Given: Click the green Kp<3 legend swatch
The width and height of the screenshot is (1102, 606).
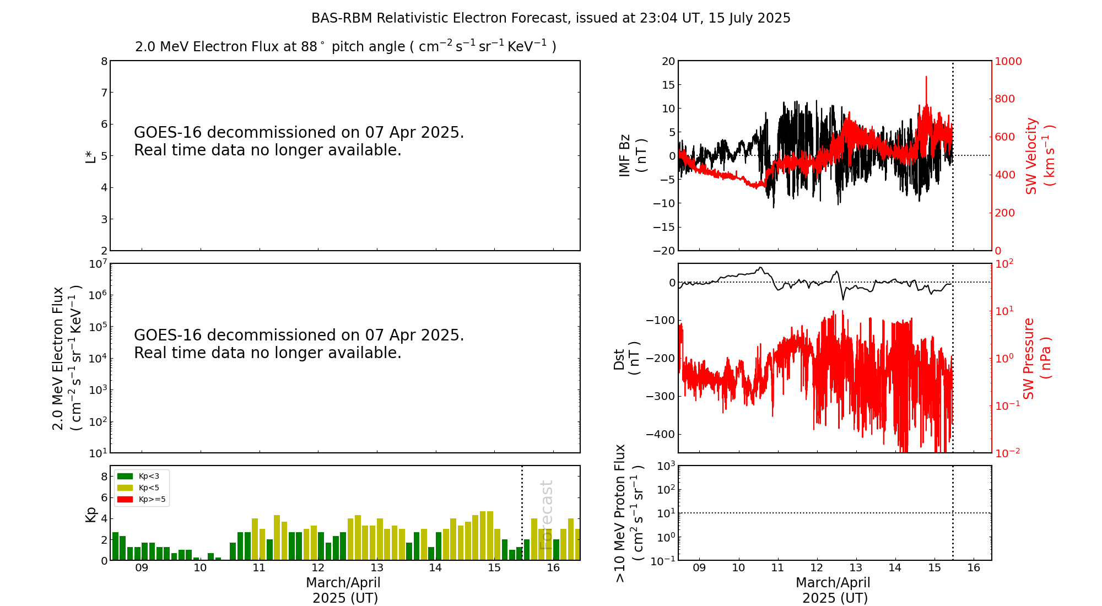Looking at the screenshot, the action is tap(125, 476).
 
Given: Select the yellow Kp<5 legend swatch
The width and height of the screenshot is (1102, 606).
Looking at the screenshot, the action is tap(125, 488).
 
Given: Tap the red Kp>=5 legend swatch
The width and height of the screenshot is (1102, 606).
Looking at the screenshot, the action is tap(125, 500).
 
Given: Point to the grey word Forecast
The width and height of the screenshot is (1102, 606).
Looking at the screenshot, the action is tap(546, 515).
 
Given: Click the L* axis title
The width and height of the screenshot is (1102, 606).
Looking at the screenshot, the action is tap(90, 155).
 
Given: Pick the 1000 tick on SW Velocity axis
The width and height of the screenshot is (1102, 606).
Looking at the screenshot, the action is tap(1008, 61).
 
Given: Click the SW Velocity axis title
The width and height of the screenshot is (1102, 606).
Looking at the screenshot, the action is tap(1040, 156).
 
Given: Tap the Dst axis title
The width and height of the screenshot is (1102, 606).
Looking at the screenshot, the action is tap(626, 359).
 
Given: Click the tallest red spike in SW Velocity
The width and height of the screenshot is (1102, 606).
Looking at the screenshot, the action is tap(926, 78).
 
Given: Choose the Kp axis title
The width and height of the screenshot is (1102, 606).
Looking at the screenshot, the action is tap(90, 515).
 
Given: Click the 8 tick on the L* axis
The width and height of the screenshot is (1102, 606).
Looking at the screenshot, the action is tap(104, 61).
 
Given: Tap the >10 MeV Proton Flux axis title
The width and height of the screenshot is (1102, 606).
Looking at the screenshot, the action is tap(628, 513).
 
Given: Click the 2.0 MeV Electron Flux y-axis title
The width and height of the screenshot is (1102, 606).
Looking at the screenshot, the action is tap(67, 358).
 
